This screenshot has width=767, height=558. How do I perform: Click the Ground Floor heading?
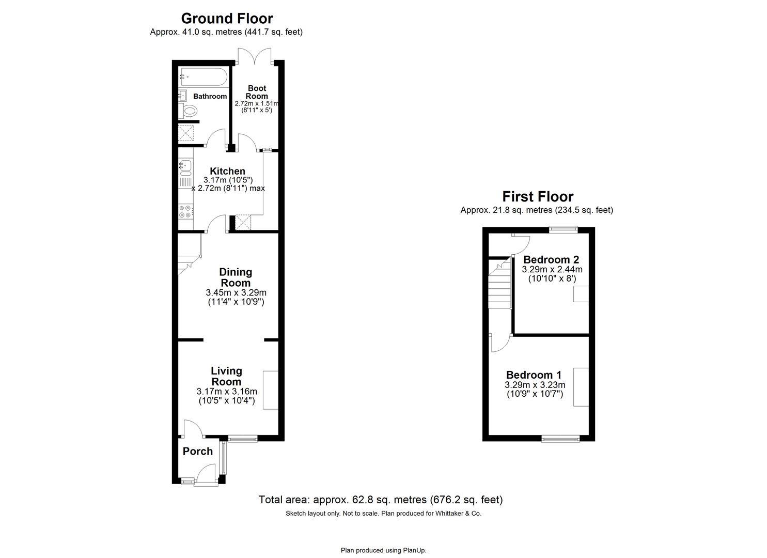pyautogui.click(x=226, y=19)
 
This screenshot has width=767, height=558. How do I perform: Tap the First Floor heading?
pyautogui.click(x=537, y=197)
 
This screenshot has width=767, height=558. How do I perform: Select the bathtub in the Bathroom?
pyautogui.click(x=203, y=78)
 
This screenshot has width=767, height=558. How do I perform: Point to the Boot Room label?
pyautogui.click(x=257, y=92)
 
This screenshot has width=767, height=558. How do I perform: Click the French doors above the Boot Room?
pyautogui.click(x=255, y=56)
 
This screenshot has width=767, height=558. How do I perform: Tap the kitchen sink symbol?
pyautogui.click(x=185, y=166)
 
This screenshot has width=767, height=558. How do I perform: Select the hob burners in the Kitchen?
pyautogui.click(x=185, y=211)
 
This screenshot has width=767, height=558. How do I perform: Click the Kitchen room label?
pyautogui.click(x=227, y=171)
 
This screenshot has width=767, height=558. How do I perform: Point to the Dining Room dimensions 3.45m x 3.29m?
pyautogui.click(x=236, y=292)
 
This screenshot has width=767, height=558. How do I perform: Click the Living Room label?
pyautogui.click(x=226, y=376)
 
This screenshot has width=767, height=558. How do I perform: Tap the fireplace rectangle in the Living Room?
pyautogui.click(x=271, y=390)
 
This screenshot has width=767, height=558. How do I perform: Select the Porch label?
pyautogui.click(x=197, y=451)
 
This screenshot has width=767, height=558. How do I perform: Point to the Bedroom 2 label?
pyautogui.click(x=551, y=259)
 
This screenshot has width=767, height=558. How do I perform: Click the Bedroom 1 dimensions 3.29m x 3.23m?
pyautogui.click(x=535, y=385)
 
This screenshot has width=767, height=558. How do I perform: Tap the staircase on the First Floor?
pyautogui.click(x=499, y=287)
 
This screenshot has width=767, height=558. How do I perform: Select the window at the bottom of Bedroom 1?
pyautogui.click(x=560, y=439)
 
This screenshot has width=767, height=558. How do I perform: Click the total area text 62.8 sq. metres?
pyautogui.click(x=380, y=500)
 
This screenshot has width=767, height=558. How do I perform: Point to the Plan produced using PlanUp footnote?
pyautogui.click(x=383, y=550)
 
